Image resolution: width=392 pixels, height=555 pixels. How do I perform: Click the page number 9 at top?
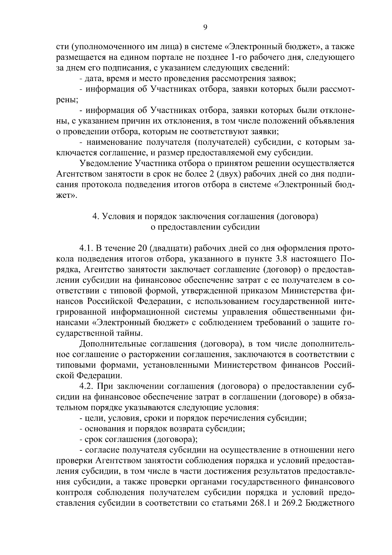pos(205,28)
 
